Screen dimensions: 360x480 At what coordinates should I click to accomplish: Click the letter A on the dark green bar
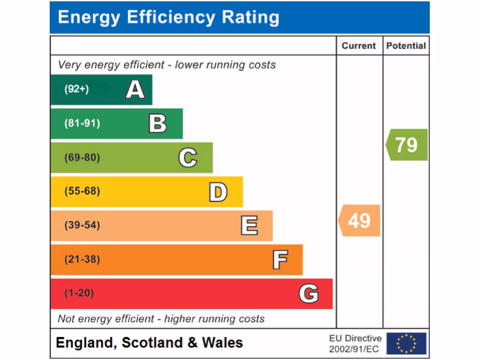tap(135, 89)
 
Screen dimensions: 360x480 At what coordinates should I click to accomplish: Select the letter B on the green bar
tap(157, 124)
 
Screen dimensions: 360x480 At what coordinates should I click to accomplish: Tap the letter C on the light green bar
tap(187, 157)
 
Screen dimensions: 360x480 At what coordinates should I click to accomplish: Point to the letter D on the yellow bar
tap(218, 192)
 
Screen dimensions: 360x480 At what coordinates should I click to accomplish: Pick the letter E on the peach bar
tap(249, 225)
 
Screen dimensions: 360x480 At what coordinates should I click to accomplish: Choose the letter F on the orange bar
tap(280, 260)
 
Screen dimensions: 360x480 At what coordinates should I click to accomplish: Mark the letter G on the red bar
tap(308, 294)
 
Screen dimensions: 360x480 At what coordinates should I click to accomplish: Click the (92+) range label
tap(76, 89)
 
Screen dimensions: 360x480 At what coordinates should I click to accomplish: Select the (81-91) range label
tap(82, 124)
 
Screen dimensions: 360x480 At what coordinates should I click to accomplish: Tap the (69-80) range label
tap(82, 157)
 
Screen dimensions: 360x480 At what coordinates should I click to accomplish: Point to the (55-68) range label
tap(82, 191)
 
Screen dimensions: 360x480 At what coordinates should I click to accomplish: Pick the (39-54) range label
tap(82, 225)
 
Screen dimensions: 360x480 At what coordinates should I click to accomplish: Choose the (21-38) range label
tap(82, 259)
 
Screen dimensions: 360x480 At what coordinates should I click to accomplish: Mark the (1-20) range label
tap(79, 293)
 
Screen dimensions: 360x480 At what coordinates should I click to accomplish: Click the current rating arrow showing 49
tap(359, 220)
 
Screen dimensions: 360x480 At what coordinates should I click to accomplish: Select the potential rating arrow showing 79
tap(406, 145)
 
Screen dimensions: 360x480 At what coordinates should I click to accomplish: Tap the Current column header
tap(359, 46)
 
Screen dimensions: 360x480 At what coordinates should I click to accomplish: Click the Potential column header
tap(406, 46)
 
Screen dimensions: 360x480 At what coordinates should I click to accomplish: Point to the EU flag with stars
tap(406, 343)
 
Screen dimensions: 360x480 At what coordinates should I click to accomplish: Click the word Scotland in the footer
tap(152, 343)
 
